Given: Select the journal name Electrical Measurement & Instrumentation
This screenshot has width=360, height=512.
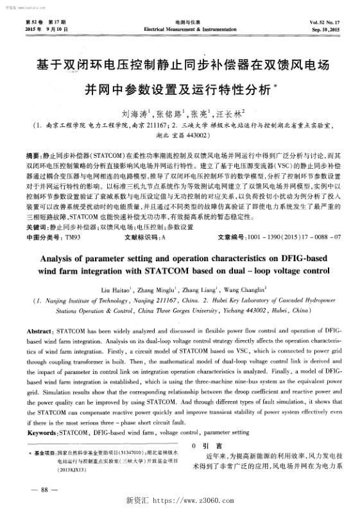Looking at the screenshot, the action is (x=180, y=30).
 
